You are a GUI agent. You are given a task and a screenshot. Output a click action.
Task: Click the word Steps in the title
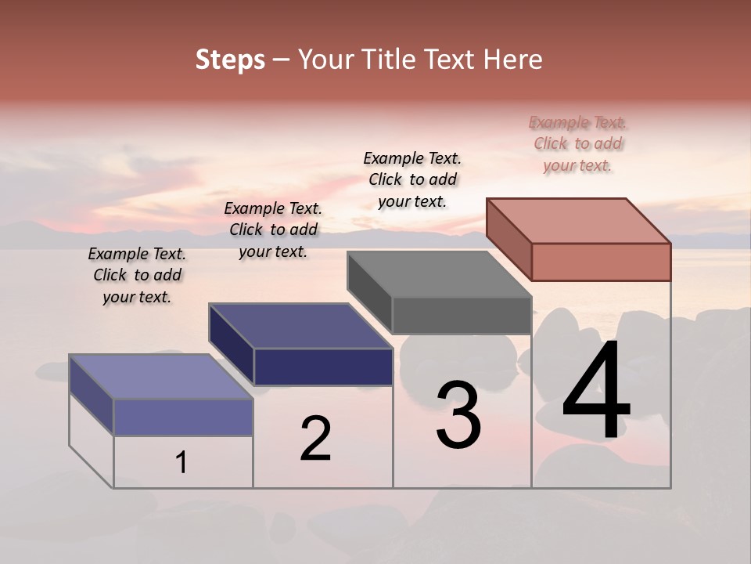point(230,60)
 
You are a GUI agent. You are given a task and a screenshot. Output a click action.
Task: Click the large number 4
point(596,392)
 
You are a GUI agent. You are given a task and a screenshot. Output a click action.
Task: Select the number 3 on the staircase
point(458,415)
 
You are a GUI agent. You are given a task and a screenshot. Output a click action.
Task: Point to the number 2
point(315,439)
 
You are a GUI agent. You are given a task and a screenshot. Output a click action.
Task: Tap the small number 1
point(181,463)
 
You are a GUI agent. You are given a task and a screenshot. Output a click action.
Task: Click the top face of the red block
point(578,221)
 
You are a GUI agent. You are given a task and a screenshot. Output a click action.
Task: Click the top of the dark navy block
point(300,326)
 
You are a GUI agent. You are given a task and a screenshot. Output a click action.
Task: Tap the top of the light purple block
point(161,377)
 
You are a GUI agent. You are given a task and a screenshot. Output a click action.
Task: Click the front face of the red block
point(601,262)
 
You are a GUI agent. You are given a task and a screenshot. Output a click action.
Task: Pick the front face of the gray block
point(462,315)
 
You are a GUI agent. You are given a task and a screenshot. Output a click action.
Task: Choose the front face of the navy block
point(323,367)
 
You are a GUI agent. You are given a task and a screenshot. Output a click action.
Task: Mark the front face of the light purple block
point(183,417)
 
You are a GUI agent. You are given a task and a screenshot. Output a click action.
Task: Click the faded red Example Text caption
point(578,144)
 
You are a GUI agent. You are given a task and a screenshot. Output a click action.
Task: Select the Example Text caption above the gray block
point(412,180)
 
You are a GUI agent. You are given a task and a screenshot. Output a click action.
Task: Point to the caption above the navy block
point(273,230)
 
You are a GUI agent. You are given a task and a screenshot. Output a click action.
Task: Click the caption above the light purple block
point(137,276)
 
